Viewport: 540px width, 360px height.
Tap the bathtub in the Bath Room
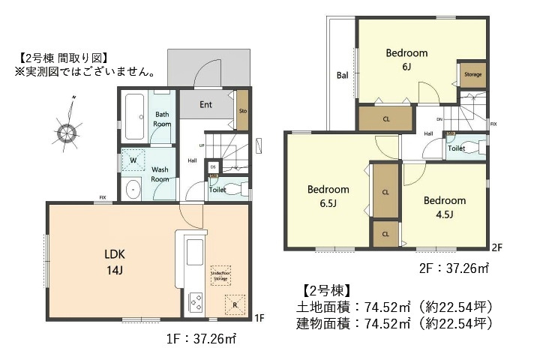(136, 117)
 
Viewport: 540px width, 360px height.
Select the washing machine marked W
(135, 160)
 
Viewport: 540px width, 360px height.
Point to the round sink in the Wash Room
(133, 189)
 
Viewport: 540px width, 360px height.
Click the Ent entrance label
(205, 105)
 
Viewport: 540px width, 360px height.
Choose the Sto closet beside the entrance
(242, 111)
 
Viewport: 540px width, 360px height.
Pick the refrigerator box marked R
(235, 304)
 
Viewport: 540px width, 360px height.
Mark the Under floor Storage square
(220, 274)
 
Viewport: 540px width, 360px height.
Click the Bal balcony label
(342, 75)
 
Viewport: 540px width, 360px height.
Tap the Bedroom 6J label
(406, 59)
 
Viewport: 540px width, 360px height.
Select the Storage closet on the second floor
(472, 75)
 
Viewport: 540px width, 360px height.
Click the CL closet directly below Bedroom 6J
(385, 119)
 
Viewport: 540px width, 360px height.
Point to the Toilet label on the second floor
(456, 148)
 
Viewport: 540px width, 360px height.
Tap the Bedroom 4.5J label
(444, 207)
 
